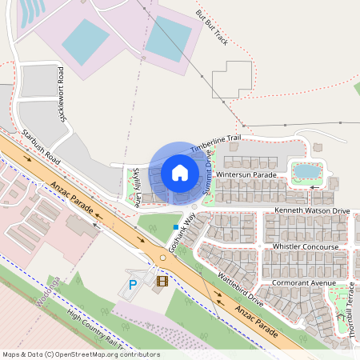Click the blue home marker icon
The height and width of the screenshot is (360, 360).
point(179,172)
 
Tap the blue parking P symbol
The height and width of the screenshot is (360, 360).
point(134,284)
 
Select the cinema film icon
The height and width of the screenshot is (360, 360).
point(162,280)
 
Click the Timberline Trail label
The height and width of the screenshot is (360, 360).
point(215,141)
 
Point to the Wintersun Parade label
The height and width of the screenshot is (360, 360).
point(246,174)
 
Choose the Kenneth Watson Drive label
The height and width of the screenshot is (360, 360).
point(312,210)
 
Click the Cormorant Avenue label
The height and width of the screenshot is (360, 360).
point(303,282)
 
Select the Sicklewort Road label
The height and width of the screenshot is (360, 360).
point(62,94)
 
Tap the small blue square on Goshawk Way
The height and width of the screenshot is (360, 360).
point(175,227)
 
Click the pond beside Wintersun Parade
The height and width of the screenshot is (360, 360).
point(306,170)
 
